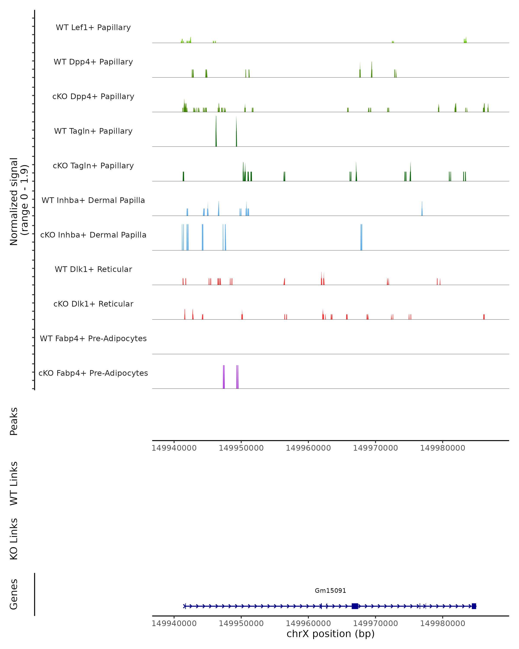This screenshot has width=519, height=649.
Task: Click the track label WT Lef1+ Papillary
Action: [93, 28]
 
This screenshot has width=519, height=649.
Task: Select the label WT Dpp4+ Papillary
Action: [93, 62]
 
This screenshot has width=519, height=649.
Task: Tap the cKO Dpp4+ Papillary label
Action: [93, 97]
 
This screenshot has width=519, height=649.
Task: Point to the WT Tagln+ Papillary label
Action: [93, 131]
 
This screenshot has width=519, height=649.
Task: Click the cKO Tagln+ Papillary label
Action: [93, 166]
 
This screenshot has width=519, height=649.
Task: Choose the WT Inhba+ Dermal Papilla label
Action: [93, 201]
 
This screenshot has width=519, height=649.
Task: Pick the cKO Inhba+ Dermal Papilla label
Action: [93, 235]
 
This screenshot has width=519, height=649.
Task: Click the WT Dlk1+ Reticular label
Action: [93, 269]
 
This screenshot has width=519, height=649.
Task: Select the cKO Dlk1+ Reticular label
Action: [93, 304]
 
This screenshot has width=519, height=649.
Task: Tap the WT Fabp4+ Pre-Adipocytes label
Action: [93, 339]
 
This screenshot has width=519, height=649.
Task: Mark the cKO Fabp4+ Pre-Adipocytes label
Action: [93, 373]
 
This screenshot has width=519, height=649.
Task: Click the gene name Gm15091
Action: [330, 591]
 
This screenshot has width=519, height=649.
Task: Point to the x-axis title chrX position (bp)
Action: [330, 634]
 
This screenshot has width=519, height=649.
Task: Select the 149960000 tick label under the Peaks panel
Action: [308, 448]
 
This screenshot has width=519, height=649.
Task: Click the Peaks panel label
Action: [14, 421]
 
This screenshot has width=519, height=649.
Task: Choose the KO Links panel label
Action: [14, 539]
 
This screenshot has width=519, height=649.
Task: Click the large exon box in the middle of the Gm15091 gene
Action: [355, 606]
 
